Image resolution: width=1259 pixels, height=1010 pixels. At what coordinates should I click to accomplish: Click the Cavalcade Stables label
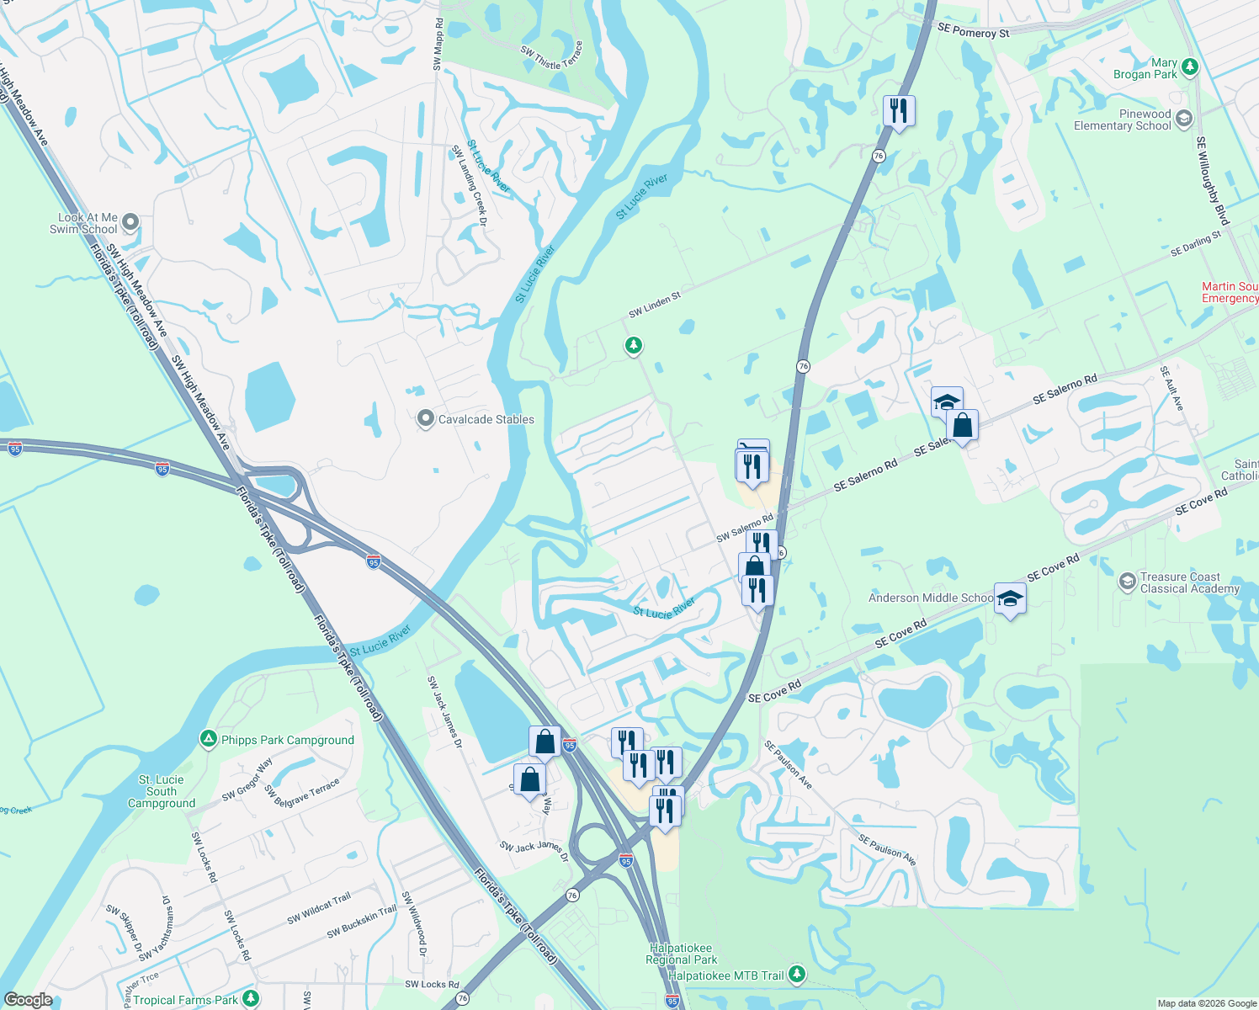pyautogui.click(x=486, y=419)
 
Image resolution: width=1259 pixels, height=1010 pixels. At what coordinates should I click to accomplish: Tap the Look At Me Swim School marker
pyautogui.click(x=130, y=223)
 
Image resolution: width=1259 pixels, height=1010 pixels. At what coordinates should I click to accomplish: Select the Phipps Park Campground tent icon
pyautogui.click(x=208, y=740)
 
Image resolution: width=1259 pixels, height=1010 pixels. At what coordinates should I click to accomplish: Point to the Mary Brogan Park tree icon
pyautogui.click(x=1189, y=67)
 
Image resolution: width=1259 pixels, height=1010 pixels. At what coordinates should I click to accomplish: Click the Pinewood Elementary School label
pyautogui.click(x=1122, y=120)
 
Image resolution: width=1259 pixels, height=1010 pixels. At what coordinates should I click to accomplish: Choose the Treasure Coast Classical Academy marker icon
pyautogui.click(x=1127, y=582)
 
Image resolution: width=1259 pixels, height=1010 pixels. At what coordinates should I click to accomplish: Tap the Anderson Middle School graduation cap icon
pyautogui.click(x=1010, y=598)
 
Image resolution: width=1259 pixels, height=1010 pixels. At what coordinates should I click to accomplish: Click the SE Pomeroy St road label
pyautogui.click(x=973, y=31)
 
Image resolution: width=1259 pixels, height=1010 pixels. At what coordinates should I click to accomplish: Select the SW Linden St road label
pyautogui.click(x=654, y=306)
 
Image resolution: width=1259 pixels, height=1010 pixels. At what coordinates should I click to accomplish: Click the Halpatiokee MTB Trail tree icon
pyautogui.click(x=796, y=975)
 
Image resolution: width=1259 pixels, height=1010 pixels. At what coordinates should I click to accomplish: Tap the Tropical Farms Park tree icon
pyautogui.click(x=250, y=999)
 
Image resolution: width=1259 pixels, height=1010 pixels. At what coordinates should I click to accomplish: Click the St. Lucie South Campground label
pyautogui.click(x=162, y=791)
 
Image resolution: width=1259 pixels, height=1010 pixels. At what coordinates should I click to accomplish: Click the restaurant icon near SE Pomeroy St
pyautogui.click(x=899, y=110)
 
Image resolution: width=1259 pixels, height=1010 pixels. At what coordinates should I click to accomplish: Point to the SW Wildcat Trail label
pyautogui.click(x=319, y=908)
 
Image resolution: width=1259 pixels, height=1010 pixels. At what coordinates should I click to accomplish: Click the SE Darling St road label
pyautogui.click(x=1195, y=244)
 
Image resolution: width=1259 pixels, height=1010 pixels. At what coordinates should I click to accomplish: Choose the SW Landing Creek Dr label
pyautogui.click(x=470, y=185)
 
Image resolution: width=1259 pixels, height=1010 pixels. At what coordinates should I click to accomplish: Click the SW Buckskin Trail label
pyautogui.click(x=362, y=922)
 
